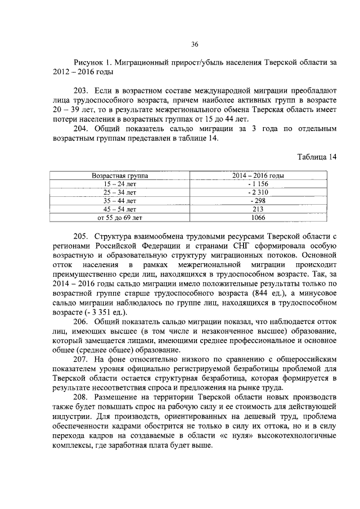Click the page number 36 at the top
point(195,44)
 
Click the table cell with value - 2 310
point(258,192)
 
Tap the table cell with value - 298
point(258,201)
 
